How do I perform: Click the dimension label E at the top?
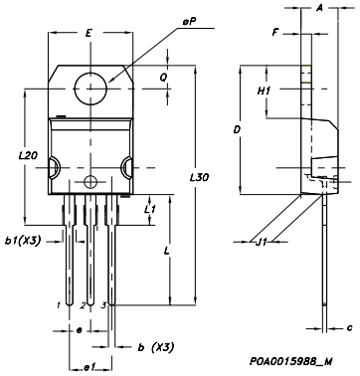pyautogui.click(x=90, y=34)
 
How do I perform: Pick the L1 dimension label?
pyautogui.click(x=148, y=210)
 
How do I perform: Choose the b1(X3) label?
pyautogui.click(x=25, y=241)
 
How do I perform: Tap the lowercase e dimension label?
pyautogui.click(x=80, y=330)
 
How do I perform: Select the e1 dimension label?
pyautogui.click(x=89, y=367)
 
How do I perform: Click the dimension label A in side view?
pyautogui.click(x=318, y=9)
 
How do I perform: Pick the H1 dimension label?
pyautogui.click(x=265, y=91)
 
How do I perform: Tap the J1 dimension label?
pyautogui.click(x=263, y=241)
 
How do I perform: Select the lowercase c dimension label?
pyautogui.click(x=349, y=326)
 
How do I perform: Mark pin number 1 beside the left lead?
pyautogui.click(x=60, y=304)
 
